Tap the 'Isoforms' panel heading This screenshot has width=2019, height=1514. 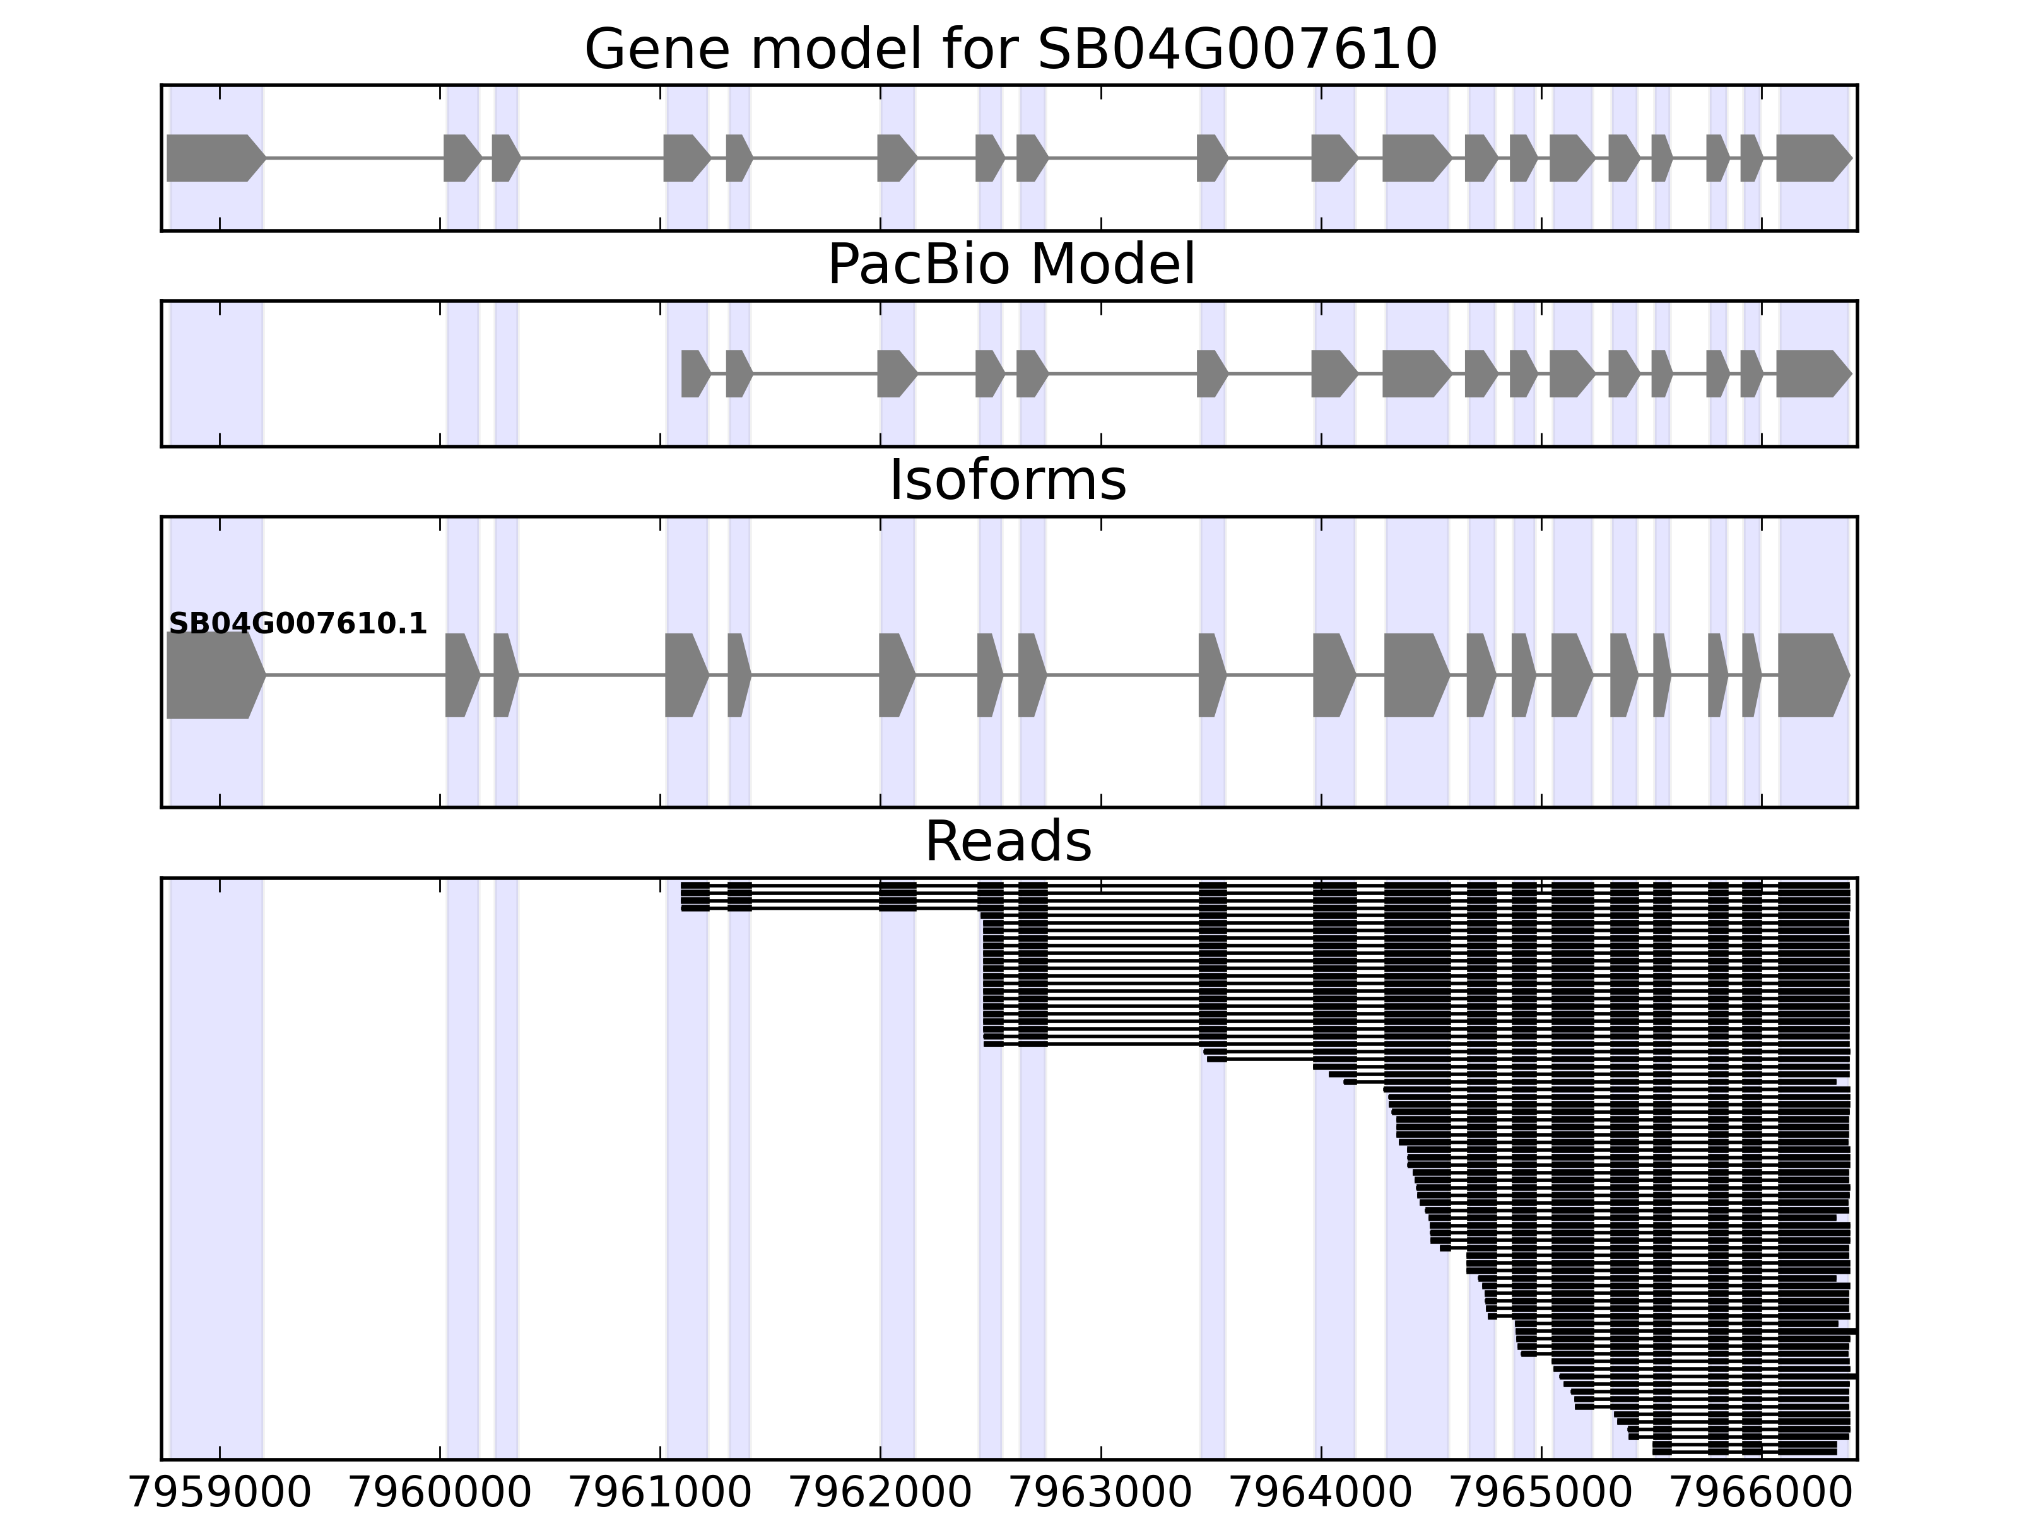click(x=1008, y=481)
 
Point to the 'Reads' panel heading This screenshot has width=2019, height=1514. click(x=1008, y=842)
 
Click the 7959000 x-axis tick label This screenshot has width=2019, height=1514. click(x=220, y=1494)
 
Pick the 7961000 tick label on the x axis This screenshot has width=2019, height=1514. click(x=660, y=1494)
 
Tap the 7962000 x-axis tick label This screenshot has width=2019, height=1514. click(x=880, y=1494)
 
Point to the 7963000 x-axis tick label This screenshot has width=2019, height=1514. click(x=1101, y=1494)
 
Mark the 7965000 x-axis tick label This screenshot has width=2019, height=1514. click(x=1541, y=1494)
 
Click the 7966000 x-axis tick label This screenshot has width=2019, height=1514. click(x=1762, y=1494)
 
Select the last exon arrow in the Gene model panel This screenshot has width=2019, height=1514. click(x=1812, y=158)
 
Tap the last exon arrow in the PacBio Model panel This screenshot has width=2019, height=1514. click(x=1812, y=373)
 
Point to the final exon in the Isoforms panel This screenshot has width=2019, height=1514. click(x=1812, y=676)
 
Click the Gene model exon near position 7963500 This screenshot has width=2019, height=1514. click(x=1211, y=158)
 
